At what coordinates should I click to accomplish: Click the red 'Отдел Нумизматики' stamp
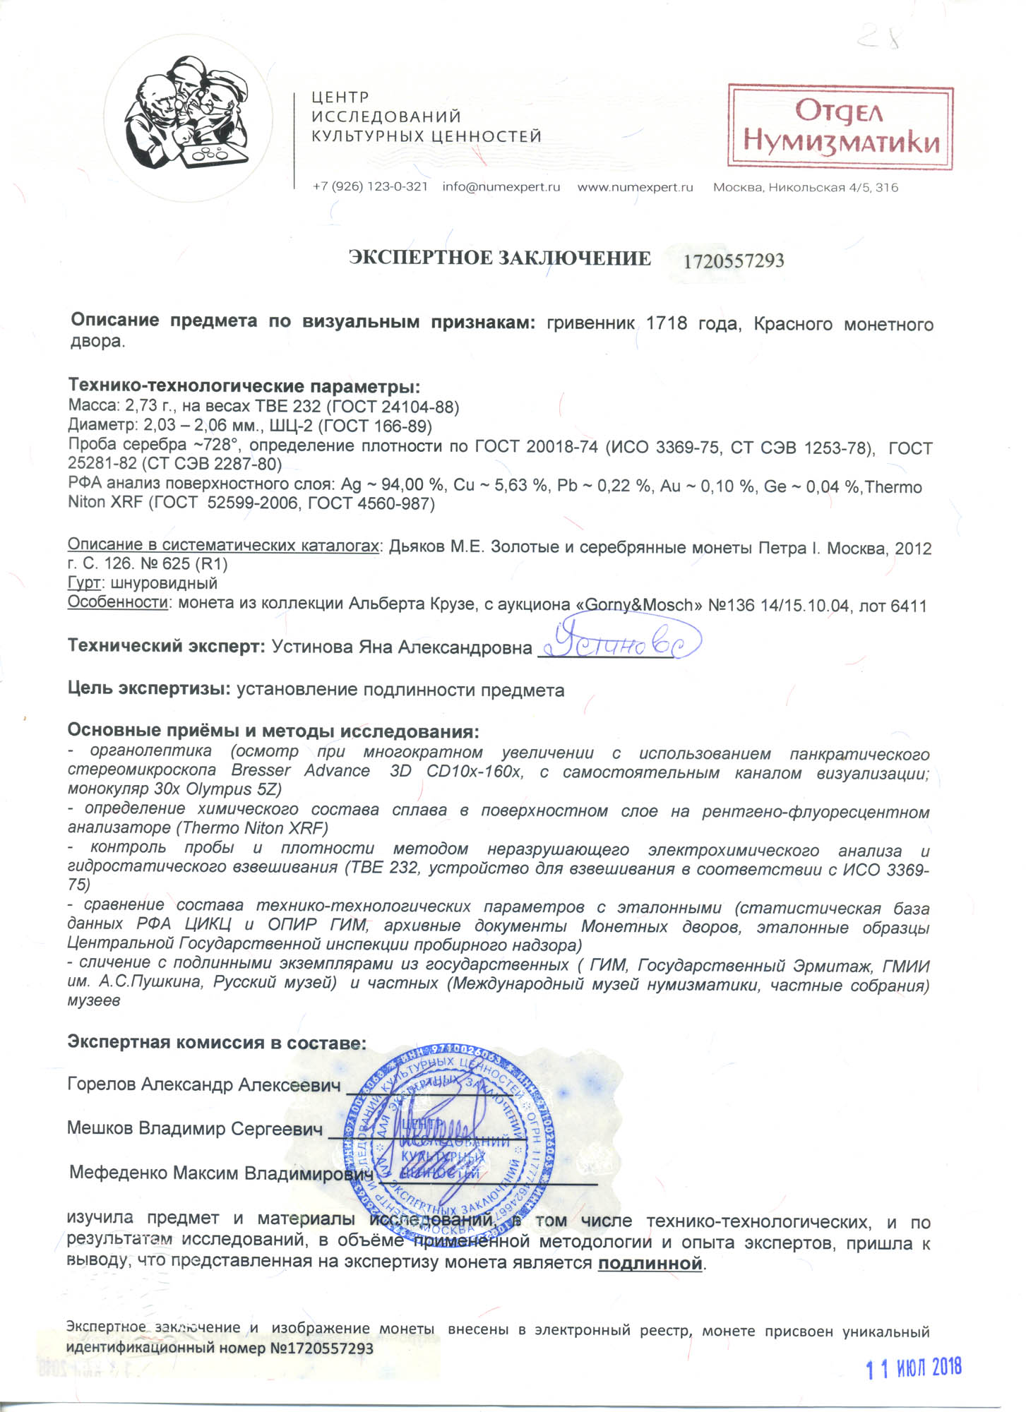[x=840, y=127]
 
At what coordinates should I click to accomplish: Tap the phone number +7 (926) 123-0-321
[x=370, y=187]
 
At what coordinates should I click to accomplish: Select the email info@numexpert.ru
[x=501, y=187]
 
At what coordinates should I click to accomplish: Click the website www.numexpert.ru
[x=636, y=187]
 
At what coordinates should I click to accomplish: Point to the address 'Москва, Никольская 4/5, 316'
[x=806, y=188]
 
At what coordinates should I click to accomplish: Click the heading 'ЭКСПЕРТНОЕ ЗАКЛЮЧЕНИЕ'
[x=500, y=258]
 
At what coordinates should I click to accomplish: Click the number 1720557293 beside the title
[x=734, y=261]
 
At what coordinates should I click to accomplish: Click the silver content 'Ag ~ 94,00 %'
[x=393, y=485]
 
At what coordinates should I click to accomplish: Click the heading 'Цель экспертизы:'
[x=149, y=689]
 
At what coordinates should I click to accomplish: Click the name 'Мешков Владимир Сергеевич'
[x=195, y=1128]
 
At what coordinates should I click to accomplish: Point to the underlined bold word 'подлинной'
[x=650, y=1263]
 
